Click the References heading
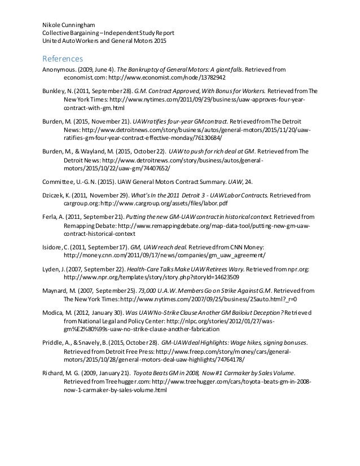coord(63,59)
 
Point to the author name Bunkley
coord(55,91)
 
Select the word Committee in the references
coord(58,182)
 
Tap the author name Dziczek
coord(54,195)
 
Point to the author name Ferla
coord(51,217)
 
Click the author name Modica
coord(55,313)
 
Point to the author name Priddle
coord(55,342)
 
